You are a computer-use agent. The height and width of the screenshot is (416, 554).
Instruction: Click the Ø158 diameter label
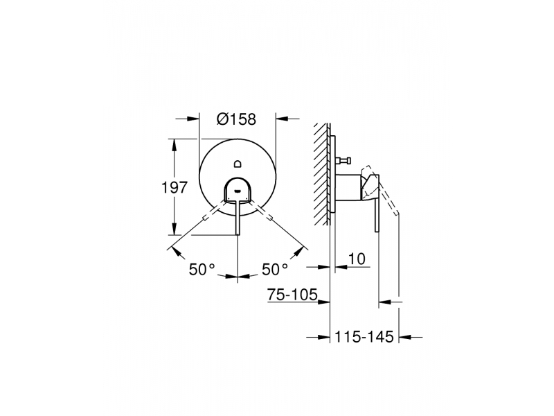point(236,119)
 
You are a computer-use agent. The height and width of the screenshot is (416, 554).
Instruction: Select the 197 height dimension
point(174,187)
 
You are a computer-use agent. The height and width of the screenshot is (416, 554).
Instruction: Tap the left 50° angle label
point(202,269)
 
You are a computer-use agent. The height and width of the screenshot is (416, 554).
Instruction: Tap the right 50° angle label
point(274,269)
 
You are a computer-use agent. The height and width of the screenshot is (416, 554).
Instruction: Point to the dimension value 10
point(357,259)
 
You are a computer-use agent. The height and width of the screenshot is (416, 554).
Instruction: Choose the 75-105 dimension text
point(292,294)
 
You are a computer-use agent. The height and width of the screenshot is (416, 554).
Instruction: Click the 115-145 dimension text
point(364,336)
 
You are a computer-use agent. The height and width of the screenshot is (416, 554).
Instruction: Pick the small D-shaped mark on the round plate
point(238,163)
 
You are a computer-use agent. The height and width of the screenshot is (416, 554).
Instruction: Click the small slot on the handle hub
point(238,191)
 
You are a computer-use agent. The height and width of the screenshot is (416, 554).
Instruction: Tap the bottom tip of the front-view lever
point(238,234)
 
